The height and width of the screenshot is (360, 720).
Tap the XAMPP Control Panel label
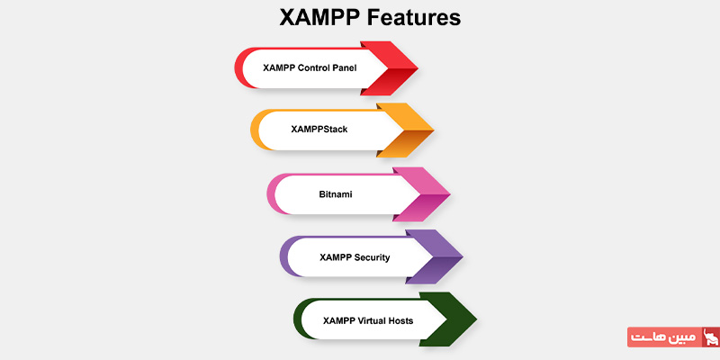click(310, 68)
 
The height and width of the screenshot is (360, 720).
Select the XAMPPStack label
click(319, 130)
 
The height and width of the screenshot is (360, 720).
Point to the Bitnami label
click(336, 194)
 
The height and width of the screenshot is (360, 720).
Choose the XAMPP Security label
click(355, 257)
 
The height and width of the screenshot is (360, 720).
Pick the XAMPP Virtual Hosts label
click(368, 320)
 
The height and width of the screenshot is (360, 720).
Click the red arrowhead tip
click(418, 68)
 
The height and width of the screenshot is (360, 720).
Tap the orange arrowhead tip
click(434, 130)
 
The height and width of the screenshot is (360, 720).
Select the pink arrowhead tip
click(449, 194)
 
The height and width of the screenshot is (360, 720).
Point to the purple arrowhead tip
click(463, 257)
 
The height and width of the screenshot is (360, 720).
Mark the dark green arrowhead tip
click(476, 319)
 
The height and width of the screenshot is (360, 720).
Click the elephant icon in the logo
click(711, 337)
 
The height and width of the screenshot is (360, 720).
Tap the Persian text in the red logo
click(664, 337)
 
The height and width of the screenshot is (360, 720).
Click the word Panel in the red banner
click(345, 68)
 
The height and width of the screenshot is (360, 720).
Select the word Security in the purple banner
click(372, 257)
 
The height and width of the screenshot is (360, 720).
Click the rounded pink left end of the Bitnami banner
click(271, 194)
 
